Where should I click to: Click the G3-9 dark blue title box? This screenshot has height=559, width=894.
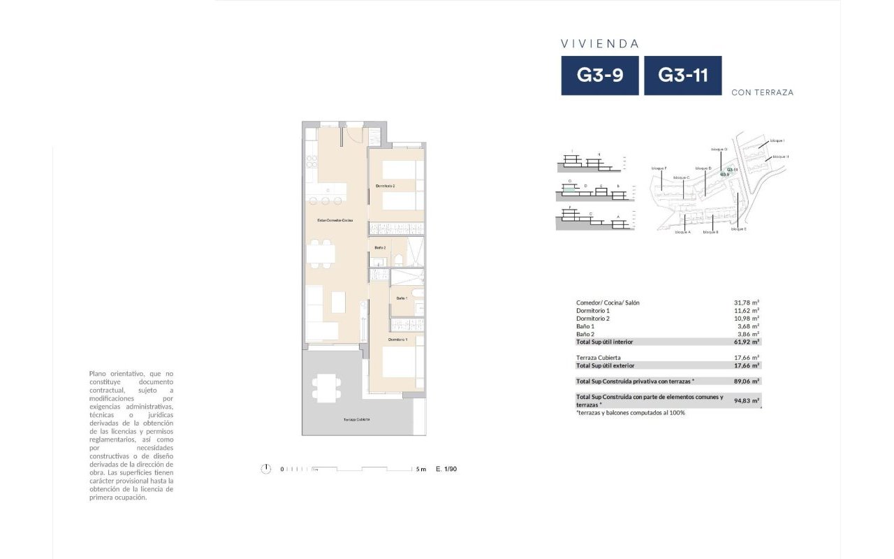600,75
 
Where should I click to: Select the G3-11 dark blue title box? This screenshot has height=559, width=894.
682,75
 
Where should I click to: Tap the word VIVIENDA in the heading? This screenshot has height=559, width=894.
600,43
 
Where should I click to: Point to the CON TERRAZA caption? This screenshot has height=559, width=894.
762,92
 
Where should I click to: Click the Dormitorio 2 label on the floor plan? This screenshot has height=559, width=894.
386,186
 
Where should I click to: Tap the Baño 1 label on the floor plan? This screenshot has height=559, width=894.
402,298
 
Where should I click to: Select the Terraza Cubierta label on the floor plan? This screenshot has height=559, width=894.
356,419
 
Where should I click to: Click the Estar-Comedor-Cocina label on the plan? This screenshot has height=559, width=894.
335,220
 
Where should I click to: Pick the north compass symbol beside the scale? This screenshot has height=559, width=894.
265,469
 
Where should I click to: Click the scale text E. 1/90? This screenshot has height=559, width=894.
446,469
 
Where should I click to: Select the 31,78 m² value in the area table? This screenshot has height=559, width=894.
746,303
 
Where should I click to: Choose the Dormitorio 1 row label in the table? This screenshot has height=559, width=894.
593,310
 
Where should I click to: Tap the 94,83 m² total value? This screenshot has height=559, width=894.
746,401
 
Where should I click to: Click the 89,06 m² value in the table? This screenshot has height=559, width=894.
746,381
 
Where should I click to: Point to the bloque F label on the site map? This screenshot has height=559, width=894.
659,168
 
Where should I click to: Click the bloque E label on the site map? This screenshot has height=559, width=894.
739,229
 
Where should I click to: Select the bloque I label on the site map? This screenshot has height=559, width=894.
777,140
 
